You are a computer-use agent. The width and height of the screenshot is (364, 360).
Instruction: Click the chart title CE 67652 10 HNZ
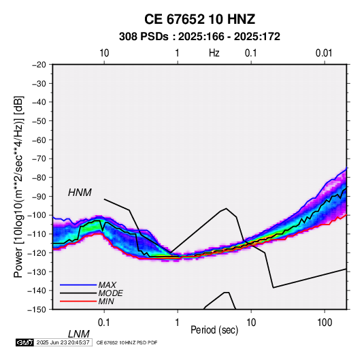[199, 19]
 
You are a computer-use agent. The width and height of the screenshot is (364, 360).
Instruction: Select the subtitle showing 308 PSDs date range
[199, 37]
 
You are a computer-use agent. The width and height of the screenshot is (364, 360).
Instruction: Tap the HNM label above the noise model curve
[80, 193]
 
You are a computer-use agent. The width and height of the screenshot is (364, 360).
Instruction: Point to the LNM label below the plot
[79, 334]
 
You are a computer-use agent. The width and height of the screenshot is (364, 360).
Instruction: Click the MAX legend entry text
[107, 284]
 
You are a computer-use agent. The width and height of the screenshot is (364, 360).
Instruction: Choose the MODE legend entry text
[110, 293]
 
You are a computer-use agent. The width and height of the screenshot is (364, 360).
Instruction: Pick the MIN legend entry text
[106, 301]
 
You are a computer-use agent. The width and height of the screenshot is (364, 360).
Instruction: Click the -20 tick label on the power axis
[39, 65]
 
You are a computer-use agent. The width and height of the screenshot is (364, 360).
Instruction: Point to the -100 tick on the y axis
[37, 215]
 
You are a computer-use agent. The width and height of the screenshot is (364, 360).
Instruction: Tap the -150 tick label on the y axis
[37, 310]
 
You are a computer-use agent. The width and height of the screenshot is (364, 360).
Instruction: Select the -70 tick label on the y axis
[39, 159]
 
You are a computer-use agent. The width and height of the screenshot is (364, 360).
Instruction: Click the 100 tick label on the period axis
[325, 323]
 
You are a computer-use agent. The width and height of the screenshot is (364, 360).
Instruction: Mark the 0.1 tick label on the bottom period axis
[104, 323]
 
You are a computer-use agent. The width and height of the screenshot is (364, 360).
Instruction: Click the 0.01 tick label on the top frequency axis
[324, 53]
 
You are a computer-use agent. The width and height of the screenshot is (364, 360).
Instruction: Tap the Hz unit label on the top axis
[214, 53]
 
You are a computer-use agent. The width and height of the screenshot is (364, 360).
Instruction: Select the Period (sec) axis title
[214, 330]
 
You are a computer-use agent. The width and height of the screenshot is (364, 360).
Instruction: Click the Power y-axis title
[18, 187]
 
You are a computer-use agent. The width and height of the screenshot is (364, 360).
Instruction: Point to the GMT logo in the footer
[25, 342]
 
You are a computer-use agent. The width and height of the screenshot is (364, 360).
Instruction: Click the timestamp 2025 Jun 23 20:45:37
[63, 342]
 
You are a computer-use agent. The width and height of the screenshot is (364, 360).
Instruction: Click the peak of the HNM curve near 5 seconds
[226, 208]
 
